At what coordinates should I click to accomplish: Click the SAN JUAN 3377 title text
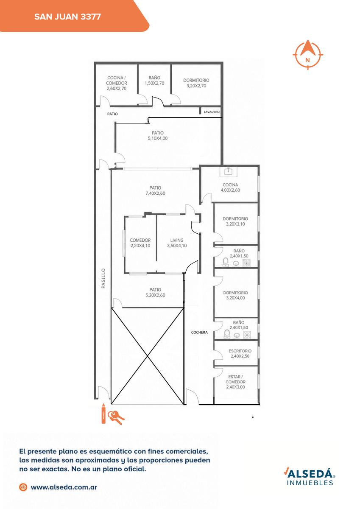(67, 17)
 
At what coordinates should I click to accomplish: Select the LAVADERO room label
(212, 112)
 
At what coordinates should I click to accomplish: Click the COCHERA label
(199, 332)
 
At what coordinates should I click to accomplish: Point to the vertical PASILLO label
(103, 278)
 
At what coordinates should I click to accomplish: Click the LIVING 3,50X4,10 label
(177, 243)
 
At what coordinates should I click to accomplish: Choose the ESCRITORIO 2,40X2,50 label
(240, 353)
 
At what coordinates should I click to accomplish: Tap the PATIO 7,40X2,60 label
(155, 190)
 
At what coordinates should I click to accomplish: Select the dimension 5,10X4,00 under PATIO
(158, 138)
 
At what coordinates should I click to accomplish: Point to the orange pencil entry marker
(103, 414)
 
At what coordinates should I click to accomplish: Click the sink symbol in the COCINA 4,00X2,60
(228, 171)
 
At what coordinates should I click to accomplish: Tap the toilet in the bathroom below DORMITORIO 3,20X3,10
(225, 262)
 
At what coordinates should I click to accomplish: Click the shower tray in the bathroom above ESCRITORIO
(247, 335)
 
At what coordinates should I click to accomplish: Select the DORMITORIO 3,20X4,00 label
(235, 295)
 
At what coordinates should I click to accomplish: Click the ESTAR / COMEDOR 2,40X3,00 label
(235, 382)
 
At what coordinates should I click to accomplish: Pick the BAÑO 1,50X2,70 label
(154, 81)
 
